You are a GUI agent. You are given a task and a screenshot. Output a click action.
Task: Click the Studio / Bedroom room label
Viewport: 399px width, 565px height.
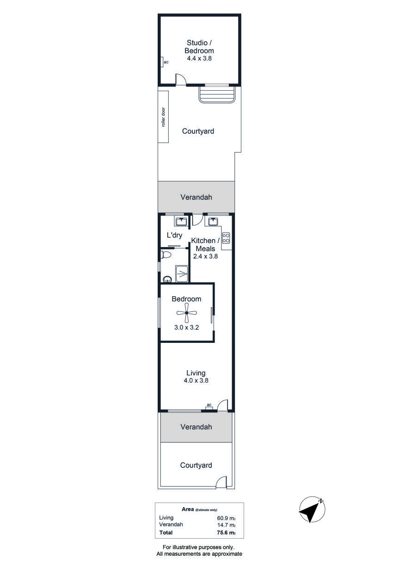click(x=199, y=47)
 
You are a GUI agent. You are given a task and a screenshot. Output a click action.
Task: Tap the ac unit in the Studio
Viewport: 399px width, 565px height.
click(x=162, y=62)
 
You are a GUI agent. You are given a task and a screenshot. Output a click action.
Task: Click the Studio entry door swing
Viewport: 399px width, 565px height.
click(x=180, y=80)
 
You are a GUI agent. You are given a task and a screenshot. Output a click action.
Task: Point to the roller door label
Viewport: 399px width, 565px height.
click(x=163, y=117)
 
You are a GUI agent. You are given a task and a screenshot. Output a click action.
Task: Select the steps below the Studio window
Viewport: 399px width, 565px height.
click(x=217, y=94)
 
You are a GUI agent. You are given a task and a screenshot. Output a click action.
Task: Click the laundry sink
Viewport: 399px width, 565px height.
click(x=181, y=222)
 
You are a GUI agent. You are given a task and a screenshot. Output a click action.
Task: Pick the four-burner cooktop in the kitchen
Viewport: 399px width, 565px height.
click(x=226, y=237)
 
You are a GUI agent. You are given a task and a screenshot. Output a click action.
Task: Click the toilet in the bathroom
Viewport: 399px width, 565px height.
click(x=166, y=255)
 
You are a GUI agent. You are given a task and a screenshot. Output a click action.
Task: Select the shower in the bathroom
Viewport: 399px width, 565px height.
click(x=182, y=273)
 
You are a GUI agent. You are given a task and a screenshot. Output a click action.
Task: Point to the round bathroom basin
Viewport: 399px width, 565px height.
click(x=167, y=279)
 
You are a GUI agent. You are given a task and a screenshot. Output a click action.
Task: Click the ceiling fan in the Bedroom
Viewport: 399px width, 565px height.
click(x=186, y=313)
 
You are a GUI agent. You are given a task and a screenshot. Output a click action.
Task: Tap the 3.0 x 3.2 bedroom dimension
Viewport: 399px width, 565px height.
click(x=186, y=328)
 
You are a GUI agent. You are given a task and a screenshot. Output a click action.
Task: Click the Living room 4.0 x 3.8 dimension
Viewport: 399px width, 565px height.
click(x=196, y=380)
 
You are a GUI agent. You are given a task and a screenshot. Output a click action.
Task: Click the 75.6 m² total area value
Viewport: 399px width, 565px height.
click(x=226, y=533)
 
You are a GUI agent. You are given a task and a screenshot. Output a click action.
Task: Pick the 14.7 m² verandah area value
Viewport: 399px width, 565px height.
click(x=226, y=525)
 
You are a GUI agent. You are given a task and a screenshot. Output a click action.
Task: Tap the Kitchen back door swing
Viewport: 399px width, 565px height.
click(x=197, y=220)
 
